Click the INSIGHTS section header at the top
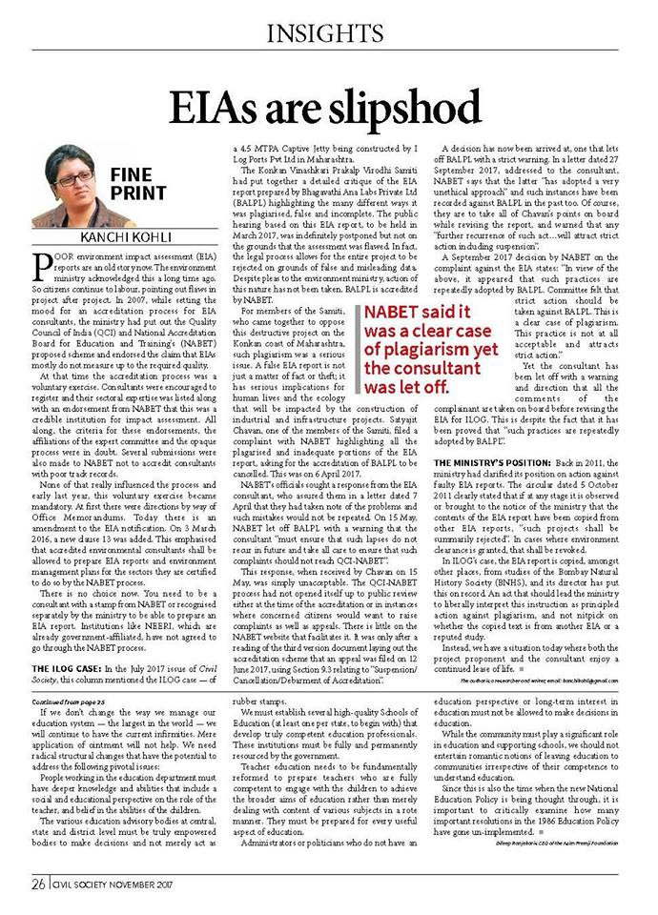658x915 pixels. click(x=330, y=36)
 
